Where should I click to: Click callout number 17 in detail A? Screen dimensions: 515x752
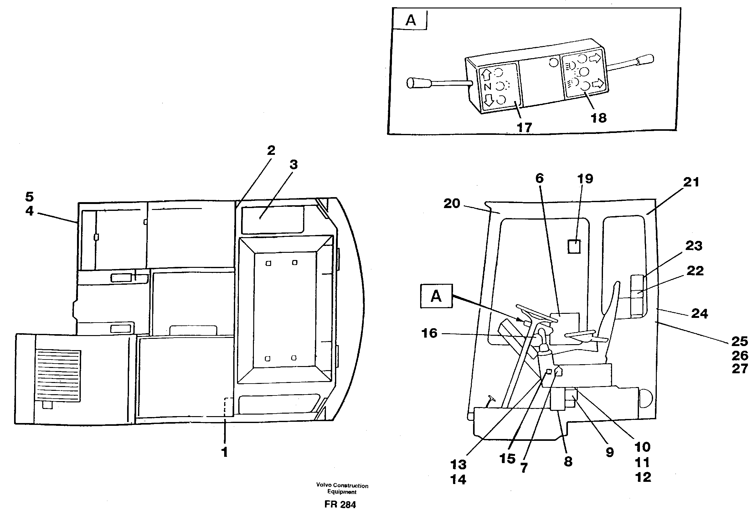click(x=524, y=128)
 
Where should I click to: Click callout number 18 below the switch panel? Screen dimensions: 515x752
click(x=598, y=118)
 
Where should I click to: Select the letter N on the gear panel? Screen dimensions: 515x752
click(x=488, y=87)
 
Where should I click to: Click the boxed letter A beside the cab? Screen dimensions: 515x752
click(x=436, y=296)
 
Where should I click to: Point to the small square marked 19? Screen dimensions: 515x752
click(x=574, y=246)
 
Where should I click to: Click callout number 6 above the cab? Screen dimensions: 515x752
click(x=539, y=178)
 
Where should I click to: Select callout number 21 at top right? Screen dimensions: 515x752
click(x=691, y=182)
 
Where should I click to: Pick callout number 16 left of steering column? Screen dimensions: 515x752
click(x=430, y=333)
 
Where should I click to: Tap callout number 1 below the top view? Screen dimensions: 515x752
click(x=224, y=452)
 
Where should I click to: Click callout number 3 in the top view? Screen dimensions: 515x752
click(x=293, y=165)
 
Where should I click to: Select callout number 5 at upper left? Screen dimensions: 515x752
click(x=29, y=196)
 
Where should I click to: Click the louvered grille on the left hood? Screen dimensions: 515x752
click(x=58, y=375)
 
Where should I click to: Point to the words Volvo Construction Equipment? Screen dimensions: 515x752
click(x=342, y=488)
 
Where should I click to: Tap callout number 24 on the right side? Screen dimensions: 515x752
click(x=700, y=314)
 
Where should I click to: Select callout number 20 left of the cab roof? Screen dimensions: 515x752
click(x=452, y=204)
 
